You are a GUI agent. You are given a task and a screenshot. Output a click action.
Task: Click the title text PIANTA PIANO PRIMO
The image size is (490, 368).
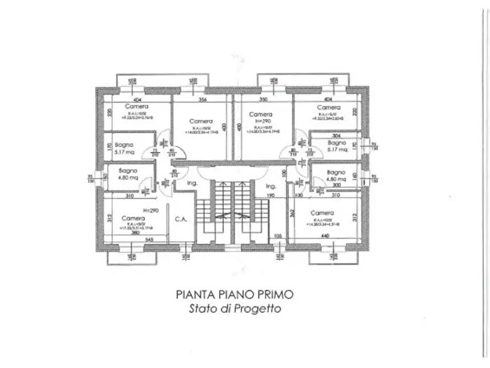click(234, 295)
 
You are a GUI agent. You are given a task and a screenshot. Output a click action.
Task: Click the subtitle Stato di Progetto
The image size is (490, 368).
click(234, 309)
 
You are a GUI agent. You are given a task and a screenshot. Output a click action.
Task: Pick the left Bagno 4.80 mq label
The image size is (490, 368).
click(127, 175)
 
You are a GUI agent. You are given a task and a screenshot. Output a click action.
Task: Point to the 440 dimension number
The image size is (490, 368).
click(324, 236)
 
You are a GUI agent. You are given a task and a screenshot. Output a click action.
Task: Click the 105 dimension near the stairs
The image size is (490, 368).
click(278, 236)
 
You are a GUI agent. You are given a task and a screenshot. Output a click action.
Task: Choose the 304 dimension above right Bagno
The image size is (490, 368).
click(336, 135)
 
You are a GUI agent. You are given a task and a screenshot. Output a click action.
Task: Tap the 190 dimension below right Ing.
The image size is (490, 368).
click(270, 196)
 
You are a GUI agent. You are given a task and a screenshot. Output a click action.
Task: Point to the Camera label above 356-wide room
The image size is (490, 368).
click(200, 121)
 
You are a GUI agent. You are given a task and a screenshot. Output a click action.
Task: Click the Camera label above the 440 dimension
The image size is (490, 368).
click(322, 213)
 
